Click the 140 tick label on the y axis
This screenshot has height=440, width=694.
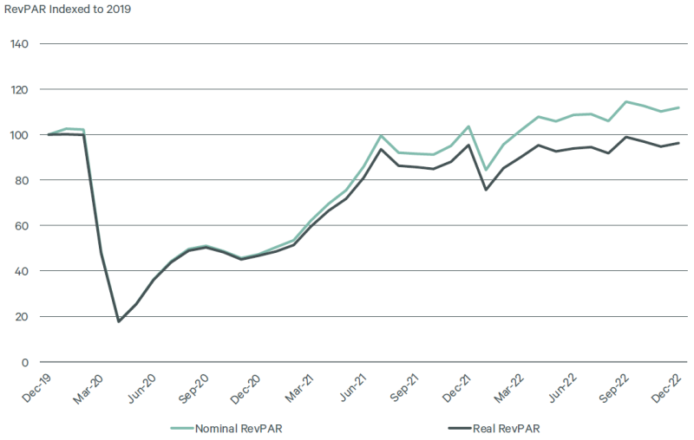pyautogui.click(x=19, y=43)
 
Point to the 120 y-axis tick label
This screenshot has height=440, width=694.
pyautogui.click(x=19, y=89)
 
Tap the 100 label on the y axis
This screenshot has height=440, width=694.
pyautogui.click(x=19, y=134)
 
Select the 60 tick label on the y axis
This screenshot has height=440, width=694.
pyautogui.click(x=22, y=225)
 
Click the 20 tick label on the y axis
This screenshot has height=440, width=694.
pyautogui.click(x=22, y=316)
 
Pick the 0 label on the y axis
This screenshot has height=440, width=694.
pyautogui.click(x=25, y=362)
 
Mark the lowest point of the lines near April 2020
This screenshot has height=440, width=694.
pyautogui.click(x=119, y=321)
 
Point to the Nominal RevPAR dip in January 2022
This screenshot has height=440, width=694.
pyautogui.click(x=486, y=169)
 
